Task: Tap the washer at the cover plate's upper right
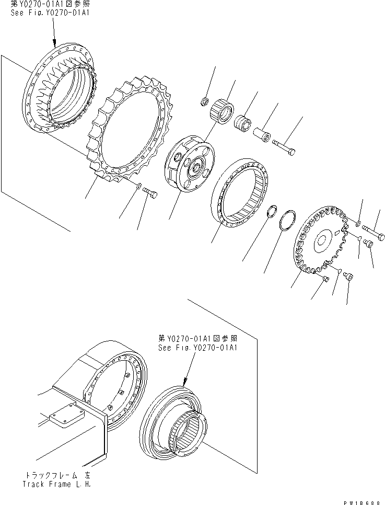(358, 224)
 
